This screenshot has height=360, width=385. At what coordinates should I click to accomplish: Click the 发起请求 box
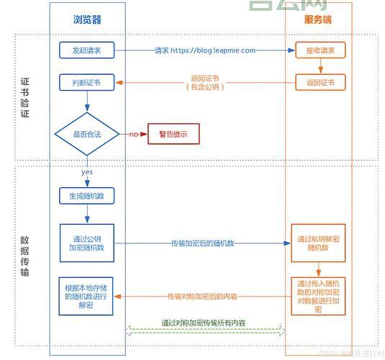pyautogui.click(x=87, y=50)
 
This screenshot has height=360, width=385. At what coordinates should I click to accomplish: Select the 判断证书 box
pyautogui.click(x=87, y=83)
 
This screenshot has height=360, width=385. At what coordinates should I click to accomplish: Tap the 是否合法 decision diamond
pyautogui.click(x=87, y=134)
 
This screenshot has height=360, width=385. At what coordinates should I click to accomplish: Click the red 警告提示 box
pyautogui.click(x=173, y=134)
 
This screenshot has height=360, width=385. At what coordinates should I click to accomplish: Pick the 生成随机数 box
pyautogui.click(x=87, y=196)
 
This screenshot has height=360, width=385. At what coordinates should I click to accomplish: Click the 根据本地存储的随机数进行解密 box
pyautogui.click(x=87, y=295)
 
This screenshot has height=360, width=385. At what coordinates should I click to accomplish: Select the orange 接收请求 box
pyautogui.click(x=320, y=50)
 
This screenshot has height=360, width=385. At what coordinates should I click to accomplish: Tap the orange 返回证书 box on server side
pyautogui.click(x=320, y=83)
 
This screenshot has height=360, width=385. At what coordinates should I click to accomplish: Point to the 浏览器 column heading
pyautogui.click(x=87, y=20)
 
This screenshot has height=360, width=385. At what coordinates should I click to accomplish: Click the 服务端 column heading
pyautogui.click(x=318, y=20)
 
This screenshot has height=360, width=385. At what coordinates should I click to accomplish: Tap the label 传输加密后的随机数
pyautogui.click(x=202, y=243)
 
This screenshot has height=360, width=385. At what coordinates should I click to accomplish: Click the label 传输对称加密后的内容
pyautogui.click(x=202, y=296)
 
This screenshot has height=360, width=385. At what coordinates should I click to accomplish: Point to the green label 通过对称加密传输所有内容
pyautogui.click(x=202, y=323)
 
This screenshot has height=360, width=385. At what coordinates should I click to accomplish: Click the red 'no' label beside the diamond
pyautogui.click(x=134, y=135)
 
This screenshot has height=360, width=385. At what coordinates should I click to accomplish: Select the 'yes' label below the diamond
pyautogui.click(x=86, y=172)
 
